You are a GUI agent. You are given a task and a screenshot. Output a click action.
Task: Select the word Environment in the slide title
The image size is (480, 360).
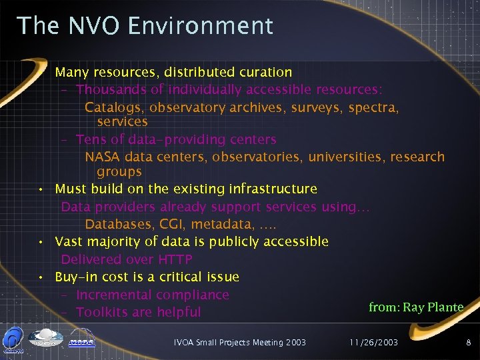pos(201,25)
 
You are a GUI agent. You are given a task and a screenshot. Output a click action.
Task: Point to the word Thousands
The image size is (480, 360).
pos(109,89)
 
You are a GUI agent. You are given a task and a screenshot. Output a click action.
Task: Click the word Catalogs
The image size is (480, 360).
pos(114,107)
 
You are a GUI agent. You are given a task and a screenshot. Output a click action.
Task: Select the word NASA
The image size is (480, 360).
pos(103,157)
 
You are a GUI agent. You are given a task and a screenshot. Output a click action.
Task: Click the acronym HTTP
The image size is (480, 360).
pos(175,259)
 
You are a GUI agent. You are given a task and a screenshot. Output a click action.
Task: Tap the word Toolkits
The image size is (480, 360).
pos(103,312)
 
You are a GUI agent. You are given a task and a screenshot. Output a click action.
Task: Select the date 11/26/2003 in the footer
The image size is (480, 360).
pos(373,342)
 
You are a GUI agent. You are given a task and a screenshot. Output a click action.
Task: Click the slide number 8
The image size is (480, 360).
pos(468,342)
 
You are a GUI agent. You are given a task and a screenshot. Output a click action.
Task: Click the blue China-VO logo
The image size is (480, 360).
pos(13,337)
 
